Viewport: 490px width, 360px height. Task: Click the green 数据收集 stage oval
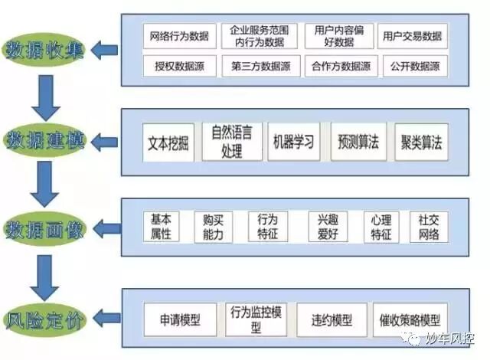[x=45, y=51]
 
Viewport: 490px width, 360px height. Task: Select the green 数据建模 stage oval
[x=45, y=140]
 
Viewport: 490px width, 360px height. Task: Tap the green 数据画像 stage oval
[x=45, y=229]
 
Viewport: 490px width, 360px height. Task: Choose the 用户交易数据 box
[x=413, y=36]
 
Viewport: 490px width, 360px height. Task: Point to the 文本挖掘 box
[x=168, y=142]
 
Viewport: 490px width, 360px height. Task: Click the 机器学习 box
[x=294, y=142]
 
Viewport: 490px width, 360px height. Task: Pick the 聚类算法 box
[x=421, y=142]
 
